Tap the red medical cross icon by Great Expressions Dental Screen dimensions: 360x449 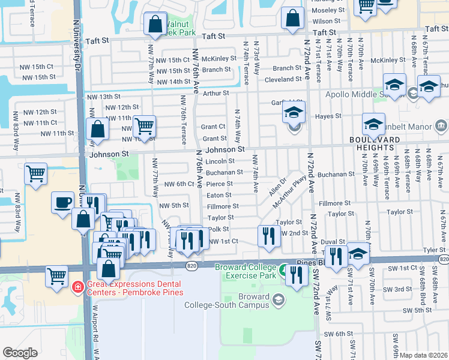76,287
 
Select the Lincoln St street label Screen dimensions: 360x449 220,161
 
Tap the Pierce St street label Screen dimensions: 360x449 219,184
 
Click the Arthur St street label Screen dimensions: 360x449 216,93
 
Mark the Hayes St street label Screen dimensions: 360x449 329,116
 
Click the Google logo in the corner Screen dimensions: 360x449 20,352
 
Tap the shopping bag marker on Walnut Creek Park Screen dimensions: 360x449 155,25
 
